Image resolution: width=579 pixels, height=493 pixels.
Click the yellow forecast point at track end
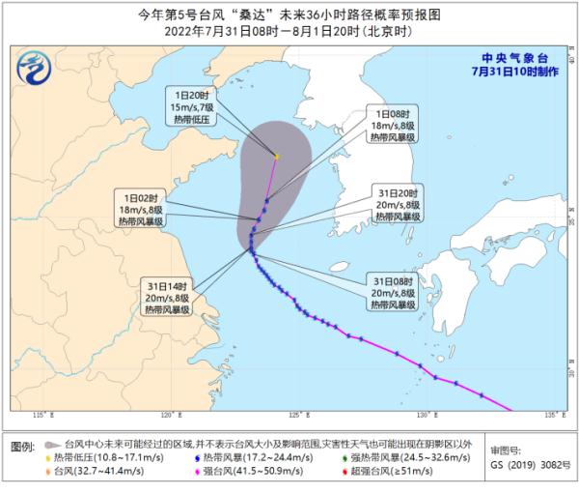(x=276, y=156)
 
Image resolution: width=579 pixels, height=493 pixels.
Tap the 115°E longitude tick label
(x=41, y=416)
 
